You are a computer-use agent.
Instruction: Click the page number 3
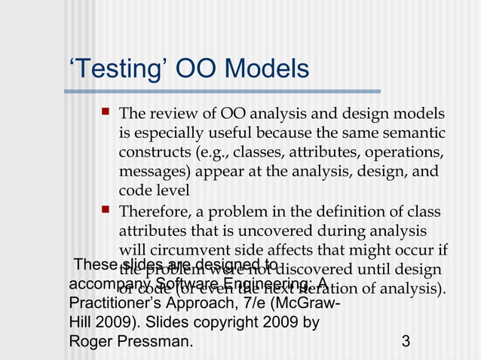[x=406, y=341]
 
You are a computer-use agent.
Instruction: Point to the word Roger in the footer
[x=90, y=341]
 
